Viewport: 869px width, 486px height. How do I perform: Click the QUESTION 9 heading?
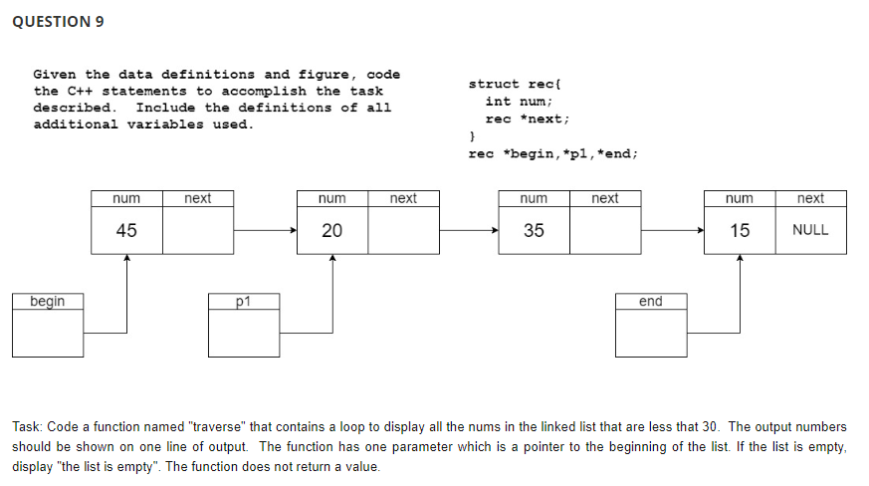tap(58, 22)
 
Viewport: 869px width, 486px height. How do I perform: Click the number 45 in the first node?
tap(126, 231)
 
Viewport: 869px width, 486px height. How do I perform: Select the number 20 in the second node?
tap(331, 231)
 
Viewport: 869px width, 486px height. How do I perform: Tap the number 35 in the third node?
tap(535, 231)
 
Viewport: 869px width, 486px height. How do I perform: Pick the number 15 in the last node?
tap(740, 231)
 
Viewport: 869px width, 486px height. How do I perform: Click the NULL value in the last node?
tap(810, 231)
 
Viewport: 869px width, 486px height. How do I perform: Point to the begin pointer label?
tap(48, 301)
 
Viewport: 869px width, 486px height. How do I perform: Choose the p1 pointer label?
tap(245, 301)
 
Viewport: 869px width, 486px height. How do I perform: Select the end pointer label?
tap(650, 301)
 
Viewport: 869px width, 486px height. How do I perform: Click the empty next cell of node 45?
tap(198, 231)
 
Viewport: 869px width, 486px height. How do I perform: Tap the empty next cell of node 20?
tap(403, 231)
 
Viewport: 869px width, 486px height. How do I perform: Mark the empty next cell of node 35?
tap(605, 231)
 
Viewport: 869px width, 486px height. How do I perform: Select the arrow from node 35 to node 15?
tap(672, 231)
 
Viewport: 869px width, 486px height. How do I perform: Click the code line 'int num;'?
tap(519, 102)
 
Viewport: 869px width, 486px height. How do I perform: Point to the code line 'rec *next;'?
tap(528, 119)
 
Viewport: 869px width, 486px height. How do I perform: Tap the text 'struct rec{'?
tap(517, 85)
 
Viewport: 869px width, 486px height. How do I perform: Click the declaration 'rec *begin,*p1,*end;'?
tap(552, 153)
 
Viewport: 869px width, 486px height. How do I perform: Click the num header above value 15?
tap(740, 198)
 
